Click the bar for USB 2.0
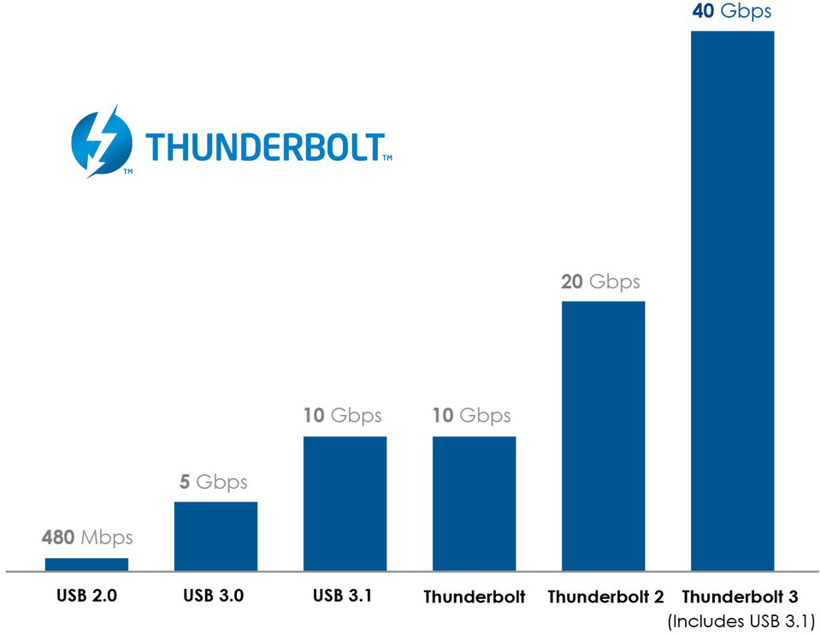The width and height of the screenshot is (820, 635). (86, 564)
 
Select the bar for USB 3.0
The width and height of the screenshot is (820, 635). (215, 536)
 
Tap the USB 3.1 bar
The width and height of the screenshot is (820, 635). (345, 503)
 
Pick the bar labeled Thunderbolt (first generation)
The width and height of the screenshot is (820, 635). (474, 503)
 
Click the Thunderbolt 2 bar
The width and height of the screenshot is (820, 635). (603, 436)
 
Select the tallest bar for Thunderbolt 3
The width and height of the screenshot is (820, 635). (732, 300)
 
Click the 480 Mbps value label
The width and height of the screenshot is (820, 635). (87, 537)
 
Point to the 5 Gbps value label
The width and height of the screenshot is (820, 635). (215, 482)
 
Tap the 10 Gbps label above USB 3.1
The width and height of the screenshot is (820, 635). (342, 416)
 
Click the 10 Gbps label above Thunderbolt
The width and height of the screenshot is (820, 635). (471, 416)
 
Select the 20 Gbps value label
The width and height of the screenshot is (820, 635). (600, 282)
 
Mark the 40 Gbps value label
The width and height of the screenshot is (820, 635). (732, 11)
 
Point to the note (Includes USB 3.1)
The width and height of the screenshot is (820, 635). (740, 620)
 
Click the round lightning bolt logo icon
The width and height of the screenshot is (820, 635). (102, 140)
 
